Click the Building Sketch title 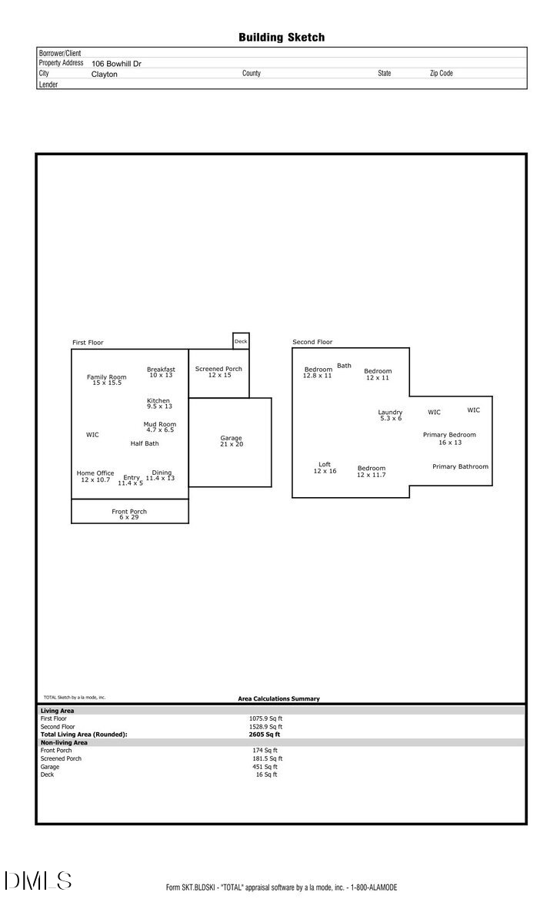(281, 37)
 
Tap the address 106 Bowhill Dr (116, 65)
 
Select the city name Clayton (105, 75)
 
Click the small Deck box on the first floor (241, 341)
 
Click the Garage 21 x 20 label (231, 441)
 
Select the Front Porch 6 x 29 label (128, 514)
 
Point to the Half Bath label (145, 443)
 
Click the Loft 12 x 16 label (325, 467)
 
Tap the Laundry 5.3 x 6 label (390, 415)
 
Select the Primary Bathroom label (460, 466)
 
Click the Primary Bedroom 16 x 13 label (449, 438)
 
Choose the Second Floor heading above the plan (312, 342)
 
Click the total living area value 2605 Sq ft (259, 735)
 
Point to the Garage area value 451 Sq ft (265, 767)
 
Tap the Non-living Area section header (64, 743)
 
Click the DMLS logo (38, 881)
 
